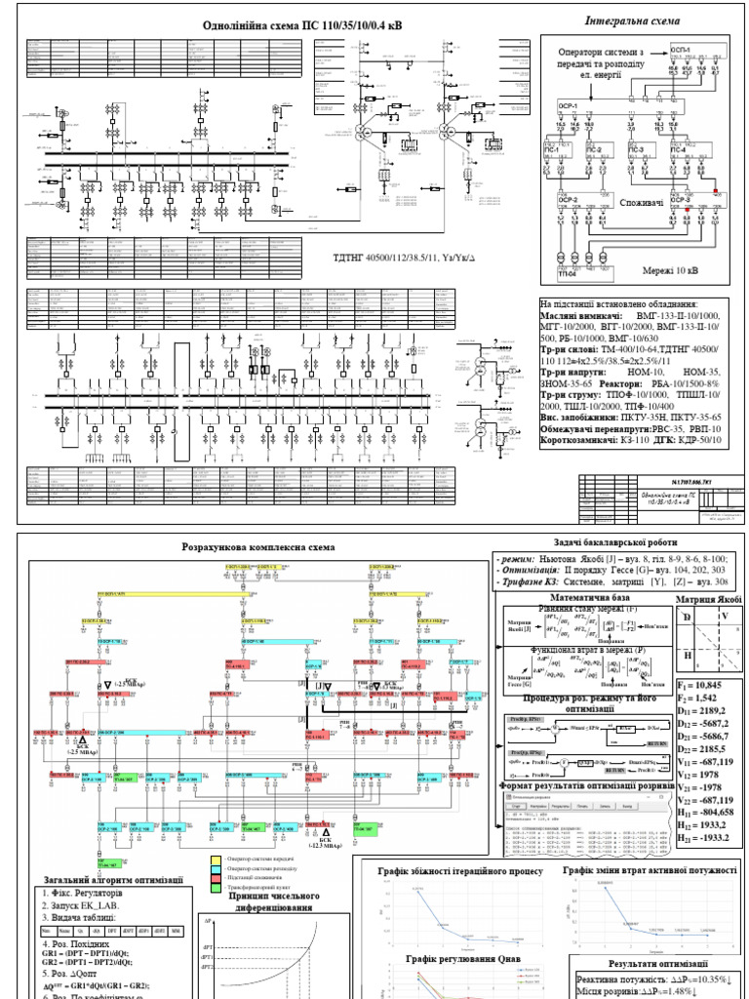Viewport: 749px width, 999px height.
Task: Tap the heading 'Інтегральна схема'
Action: tap(632, 20)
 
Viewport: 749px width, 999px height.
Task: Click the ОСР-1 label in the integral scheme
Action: tap(568, 105)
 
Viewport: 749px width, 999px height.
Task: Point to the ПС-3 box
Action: tap(638, 148)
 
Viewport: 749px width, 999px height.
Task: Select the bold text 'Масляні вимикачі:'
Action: tap(581, 317)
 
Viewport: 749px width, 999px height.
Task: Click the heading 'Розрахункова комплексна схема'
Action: tap(253, 548)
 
